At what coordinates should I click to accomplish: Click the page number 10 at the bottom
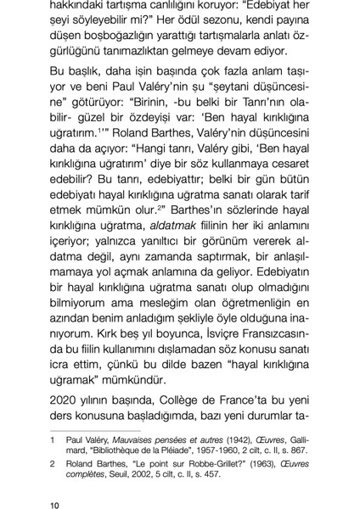coord(54,495)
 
